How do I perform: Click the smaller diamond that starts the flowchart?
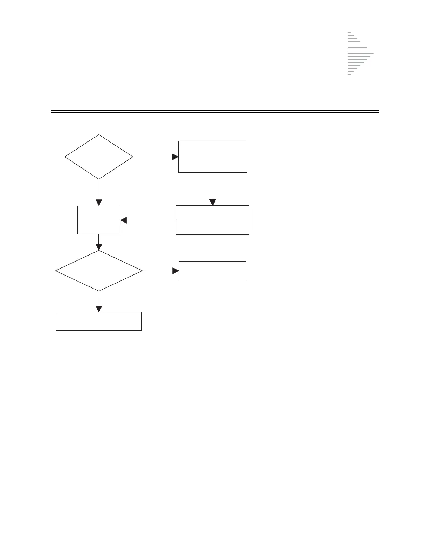click(99, 157)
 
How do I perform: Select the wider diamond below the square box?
click(99, 271)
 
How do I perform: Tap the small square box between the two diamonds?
click(99, 220)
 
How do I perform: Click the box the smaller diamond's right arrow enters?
click(213, 157)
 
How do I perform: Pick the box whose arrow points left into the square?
click(213, 220)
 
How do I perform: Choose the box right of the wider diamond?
click(213, 271)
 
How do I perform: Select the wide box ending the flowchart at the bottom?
click(99, 321)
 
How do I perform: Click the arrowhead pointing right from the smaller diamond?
click(175, 157)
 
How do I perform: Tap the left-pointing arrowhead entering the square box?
click(124, 220)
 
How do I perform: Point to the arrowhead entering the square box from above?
click(99, 203)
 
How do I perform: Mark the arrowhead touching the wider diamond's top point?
click(99, 247)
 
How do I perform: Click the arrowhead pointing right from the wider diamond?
click(176, 271)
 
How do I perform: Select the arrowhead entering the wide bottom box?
click(99, 309)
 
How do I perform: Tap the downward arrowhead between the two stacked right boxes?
click(213, 203)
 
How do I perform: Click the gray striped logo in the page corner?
click(360, 54)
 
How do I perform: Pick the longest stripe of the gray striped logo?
click(360, 54)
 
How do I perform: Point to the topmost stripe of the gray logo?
click(349, 33)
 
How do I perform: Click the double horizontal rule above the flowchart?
click(215, 112)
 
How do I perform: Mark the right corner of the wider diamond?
click(142, 271)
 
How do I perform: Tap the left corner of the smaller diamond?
click(65, 157)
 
